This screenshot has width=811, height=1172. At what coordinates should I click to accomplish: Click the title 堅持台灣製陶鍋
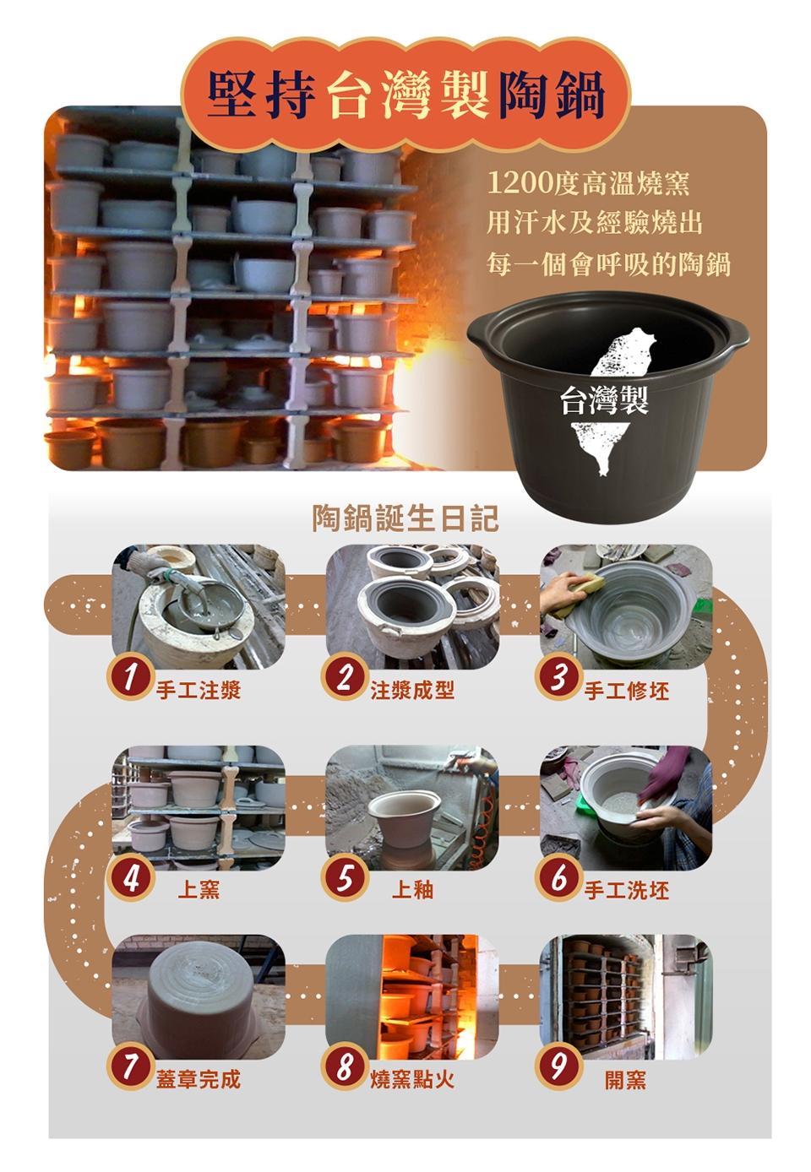pos(406,95)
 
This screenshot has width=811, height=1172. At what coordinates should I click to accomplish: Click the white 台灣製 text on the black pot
pos(604,400)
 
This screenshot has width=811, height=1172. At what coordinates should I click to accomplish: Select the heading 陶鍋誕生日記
pos(405,518)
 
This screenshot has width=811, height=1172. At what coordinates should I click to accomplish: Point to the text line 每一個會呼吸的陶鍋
pos(608,264)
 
